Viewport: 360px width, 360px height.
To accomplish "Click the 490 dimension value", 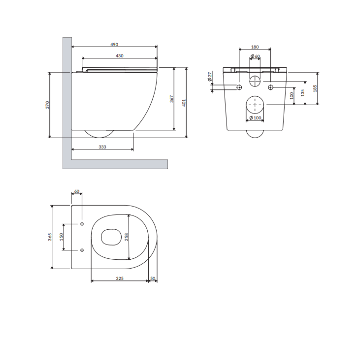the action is tap(114, 45).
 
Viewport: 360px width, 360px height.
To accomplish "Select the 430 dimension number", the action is tap(119, 56).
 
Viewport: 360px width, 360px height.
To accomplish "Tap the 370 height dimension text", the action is tap(47, 105).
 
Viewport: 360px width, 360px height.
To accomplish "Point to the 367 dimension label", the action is tap(171, 99).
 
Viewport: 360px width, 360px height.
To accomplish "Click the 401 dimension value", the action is tap(184, 103).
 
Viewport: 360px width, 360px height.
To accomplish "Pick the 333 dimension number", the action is tap(102, 147).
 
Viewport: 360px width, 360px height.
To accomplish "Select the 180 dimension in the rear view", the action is tap(255, 47).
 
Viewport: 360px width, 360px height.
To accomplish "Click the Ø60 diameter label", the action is tap(255, 56).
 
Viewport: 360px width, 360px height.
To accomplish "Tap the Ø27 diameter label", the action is tap(209, 77).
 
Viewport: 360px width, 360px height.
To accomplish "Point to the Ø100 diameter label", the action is tap(255, 118).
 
